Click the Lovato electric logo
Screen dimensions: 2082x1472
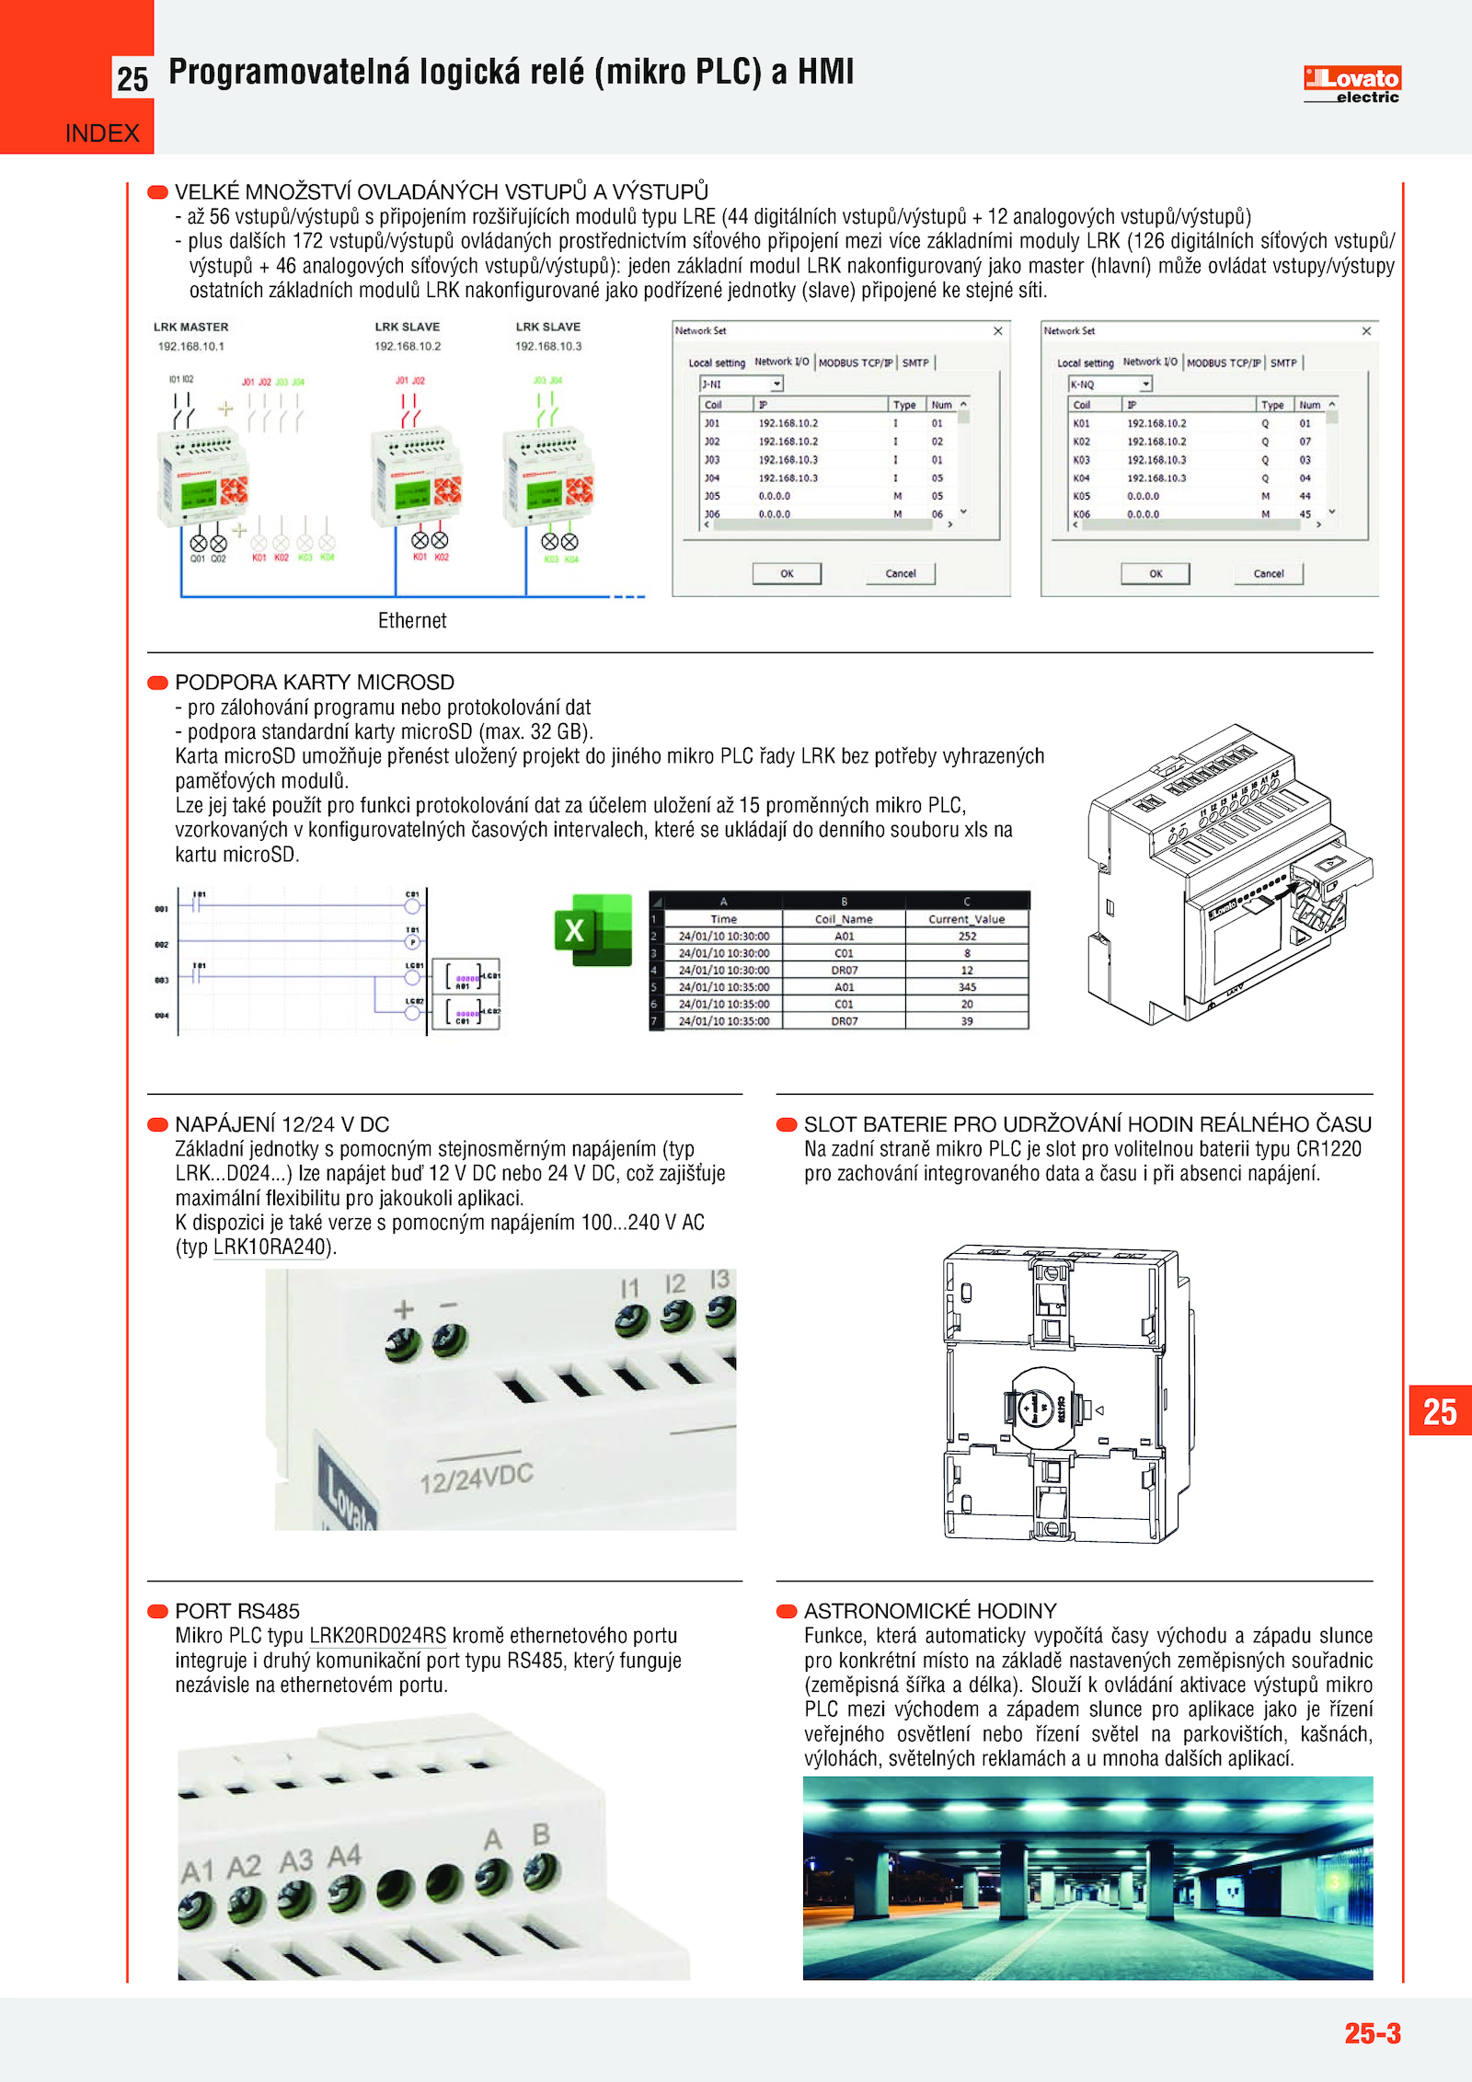pos(1351,84)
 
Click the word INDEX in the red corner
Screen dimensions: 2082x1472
pos(102,133)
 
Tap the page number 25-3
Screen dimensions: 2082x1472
pos(1372,2032)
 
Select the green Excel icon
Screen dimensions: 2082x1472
pos(593,929)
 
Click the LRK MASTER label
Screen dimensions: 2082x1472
pos(190,327)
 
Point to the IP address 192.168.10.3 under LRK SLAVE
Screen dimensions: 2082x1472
pos(548,347)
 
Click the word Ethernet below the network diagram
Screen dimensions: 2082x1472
pos(412,621)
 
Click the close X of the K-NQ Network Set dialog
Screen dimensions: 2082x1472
pos(1366,331)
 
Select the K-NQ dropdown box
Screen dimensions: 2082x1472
pos(1110,385)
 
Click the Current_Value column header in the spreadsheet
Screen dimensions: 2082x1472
pos(966,918)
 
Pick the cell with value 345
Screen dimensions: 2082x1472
pos(967,987)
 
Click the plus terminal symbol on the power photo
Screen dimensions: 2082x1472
pos(403,1309)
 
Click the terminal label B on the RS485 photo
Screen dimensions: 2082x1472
pos(541,1835)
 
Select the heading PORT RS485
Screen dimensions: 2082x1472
pos(237,1611)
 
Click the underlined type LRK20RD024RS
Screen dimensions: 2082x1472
pos(377,1636)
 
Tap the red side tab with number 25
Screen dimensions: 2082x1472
pos(1440,1411)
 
